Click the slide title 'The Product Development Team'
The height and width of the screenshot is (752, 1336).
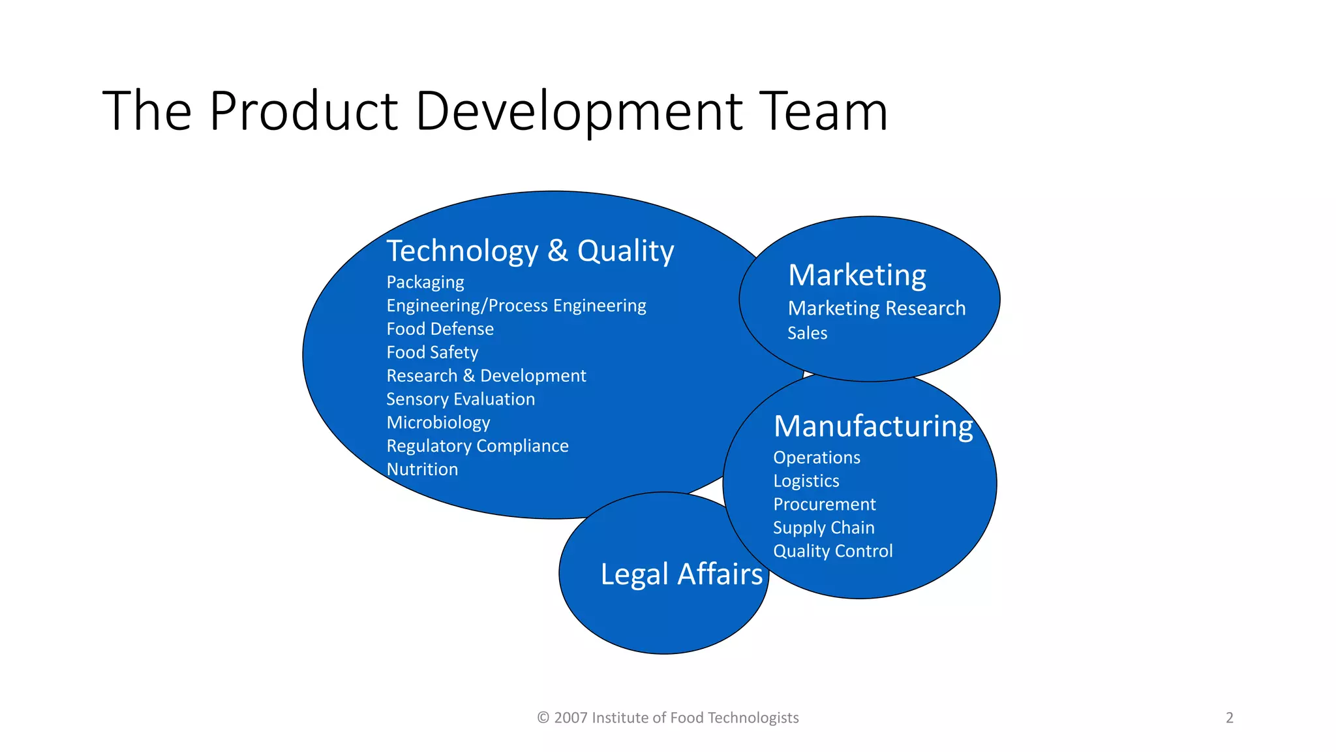[495, 111]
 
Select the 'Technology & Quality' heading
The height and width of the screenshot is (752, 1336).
[530, 251]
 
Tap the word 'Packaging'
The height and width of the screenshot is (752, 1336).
[425, 283]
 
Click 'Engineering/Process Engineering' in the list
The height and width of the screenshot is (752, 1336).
[516, 306]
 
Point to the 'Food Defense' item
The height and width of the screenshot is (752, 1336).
[440, 329]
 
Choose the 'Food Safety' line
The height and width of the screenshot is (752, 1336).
[432, 352]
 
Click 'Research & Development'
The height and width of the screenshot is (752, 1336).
[486, 376]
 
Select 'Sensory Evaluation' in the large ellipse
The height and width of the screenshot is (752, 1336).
[461, 399]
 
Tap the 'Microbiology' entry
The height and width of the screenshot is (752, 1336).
[438, 423]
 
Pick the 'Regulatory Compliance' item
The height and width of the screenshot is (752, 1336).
[478, 446]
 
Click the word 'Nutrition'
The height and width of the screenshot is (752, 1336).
[422, 469]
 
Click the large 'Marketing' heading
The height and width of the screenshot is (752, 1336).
[857, 275]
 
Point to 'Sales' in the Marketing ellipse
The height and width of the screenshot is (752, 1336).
[807, 334]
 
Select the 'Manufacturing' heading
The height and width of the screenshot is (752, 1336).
[873, 427]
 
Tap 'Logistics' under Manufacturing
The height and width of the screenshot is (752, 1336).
[806, 481]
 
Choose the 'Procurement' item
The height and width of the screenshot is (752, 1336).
[824, 505]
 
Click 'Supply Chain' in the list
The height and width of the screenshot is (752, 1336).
[823, 528]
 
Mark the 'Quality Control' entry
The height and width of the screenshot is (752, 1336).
[832, 552]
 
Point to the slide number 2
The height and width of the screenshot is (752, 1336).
[1230, 718]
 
